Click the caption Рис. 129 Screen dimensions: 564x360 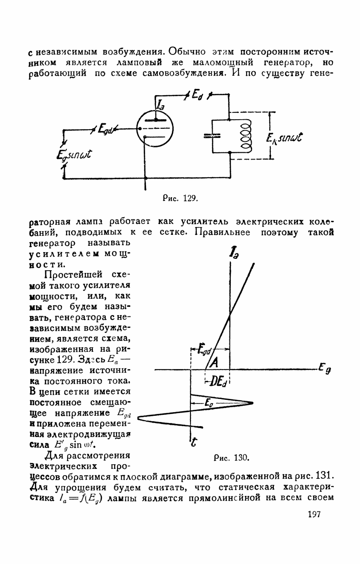(181, 199)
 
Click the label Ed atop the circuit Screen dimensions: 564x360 (198, 94)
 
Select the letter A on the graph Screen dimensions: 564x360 (214, 362)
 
